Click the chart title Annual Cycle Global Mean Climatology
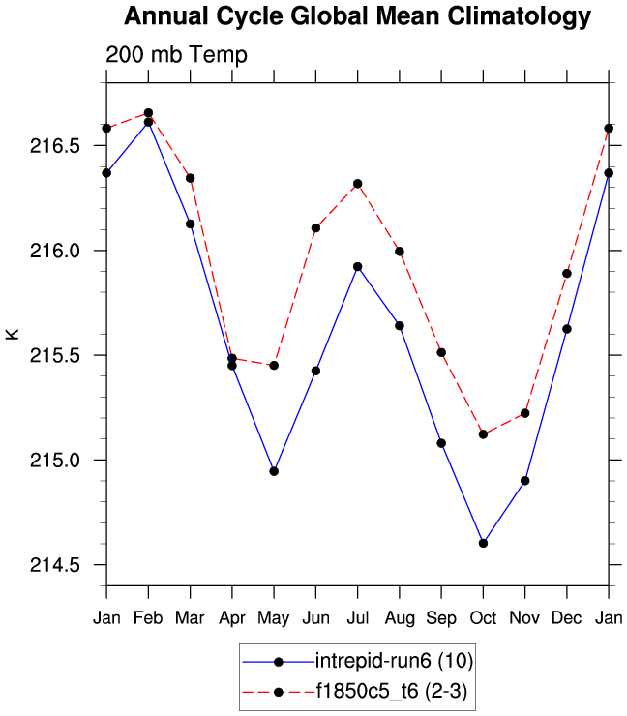tap(357, 16)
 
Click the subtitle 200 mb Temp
tap(176, 55)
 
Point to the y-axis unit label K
tap(13, 334)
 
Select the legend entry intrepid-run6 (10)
tap(392, 662)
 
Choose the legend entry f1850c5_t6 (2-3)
tap(392, 692)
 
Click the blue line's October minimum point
tap(483, 543)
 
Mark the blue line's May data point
tap(274, 471)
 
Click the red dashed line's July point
tap(358, 184)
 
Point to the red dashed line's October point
tap(483, 434)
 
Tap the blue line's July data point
tap(358, 266)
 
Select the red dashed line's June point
tap(315, 228)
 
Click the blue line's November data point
tap(525, 480)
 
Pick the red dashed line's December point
tap(567, 274)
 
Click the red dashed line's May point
tap(274, 366)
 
